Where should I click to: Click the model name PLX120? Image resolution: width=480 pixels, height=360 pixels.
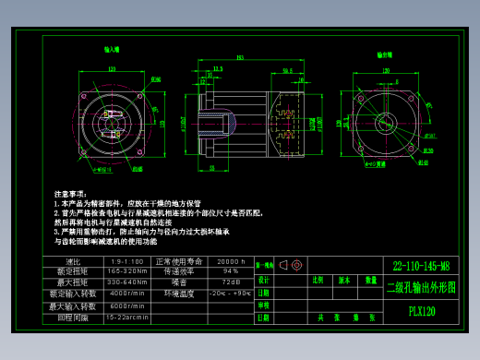tap(422, 311)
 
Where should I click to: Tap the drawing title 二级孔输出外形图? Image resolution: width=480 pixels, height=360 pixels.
tap(421, 287)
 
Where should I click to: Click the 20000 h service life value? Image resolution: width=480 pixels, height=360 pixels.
tap(230, 261)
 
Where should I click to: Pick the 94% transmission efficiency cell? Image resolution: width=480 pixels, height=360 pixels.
tap(230, 271)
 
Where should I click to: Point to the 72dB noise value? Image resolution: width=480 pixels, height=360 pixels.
tap(230, 282)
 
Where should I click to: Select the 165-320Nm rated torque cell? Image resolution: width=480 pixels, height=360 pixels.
tap(126, 271)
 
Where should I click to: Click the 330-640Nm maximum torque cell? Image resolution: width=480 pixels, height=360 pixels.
tap(126, 282)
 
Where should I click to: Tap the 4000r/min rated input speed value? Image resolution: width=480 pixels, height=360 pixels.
tap(126, 293)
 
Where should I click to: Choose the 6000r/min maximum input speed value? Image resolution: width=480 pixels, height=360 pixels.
tap(126, 306)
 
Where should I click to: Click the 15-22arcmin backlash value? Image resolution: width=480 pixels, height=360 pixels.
tap(126, 317)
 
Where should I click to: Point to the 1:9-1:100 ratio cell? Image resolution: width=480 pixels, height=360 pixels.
tap(126, 261)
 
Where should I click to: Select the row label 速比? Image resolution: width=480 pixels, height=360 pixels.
tap(74, 261)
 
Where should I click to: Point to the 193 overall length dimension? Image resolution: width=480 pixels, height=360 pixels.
tap(240, 58)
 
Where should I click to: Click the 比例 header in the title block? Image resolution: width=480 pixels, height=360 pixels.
tap(318, 279)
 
